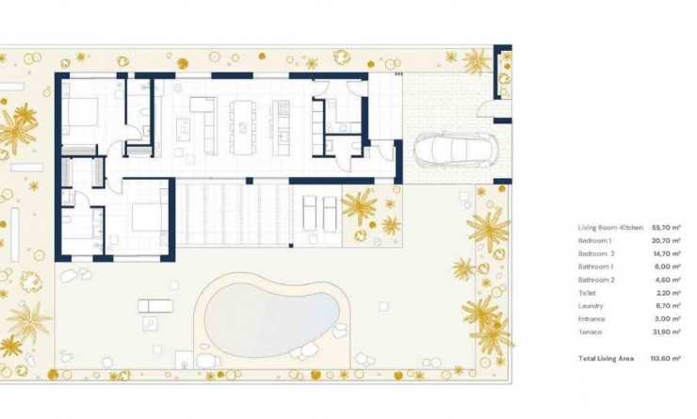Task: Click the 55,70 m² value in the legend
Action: point(667,228)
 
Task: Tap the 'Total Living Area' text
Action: point(607,359)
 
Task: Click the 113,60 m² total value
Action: point(665,359)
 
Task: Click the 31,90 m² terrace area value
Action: point(667,332)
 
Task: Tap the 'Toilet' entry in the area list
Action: point(588,293)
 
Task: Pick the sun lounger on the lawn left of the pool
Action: point(154,305)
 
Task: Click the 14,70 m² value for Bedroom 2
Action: point(667,254)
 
